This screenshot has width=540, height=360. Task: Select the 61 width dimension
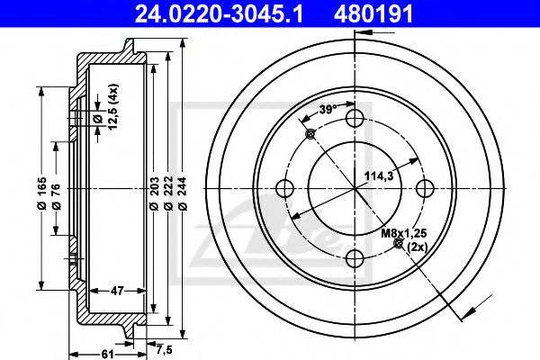(x=106, y=354)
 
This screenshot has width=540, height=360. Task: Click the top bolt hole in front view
(x=355, y=119)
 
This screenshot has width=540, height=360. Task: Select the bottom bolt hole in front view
(x=355, y=259)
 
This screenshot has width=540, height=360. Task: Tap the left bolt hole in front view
(x=285, y=189)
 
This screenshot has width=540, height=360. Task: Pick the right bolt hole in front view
(x=426, y=189)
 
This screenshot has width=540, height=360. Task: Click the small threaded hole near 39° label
(x=310, y=134)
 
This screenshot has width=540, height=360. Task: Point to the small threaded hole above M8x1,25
(x=400, y=244)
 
